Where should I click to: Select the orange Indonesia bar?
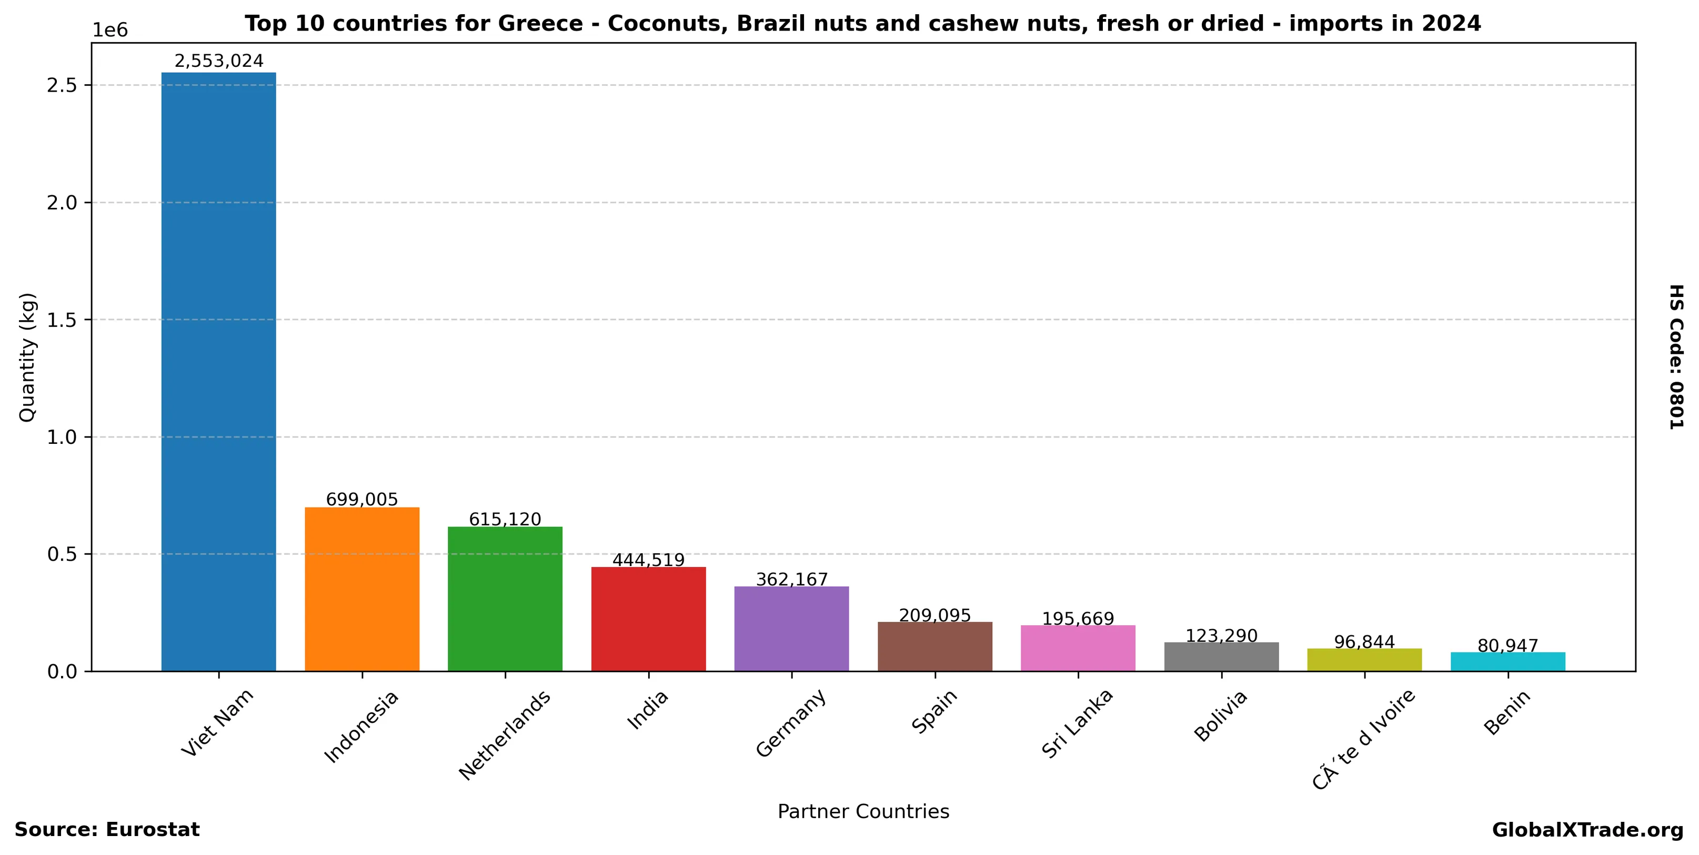point(361,589)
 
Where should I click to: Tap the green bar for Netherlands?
point(505,599)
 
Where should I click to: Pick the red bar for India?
point(648,618)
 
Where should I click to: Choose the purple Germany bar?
point(791,628)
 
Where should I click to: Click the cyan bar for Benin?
point(1507,661)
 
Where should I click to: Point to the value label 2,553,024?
point(218,62)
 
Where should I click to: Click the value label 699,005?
point(361,500)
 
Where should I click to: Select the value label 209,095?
point(934,615)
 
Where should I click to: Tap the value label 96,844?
point(1364,642)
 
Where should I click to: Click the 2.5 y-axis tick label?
point(63,86)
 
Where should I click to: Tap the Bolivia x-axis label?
point(1221,716)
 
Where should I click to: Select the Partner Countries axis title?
point(863,811)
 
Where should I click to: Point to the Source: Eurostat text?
point(107,830)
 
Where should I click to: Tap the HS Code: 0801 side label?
point(1676,357)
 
